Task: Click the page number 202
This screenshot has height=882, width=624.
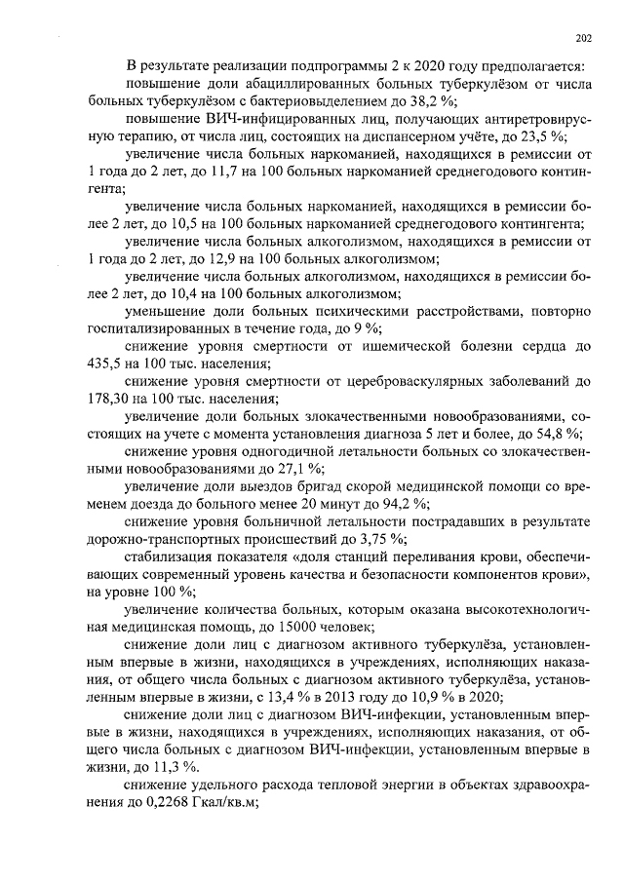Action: tap(584, 38)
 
